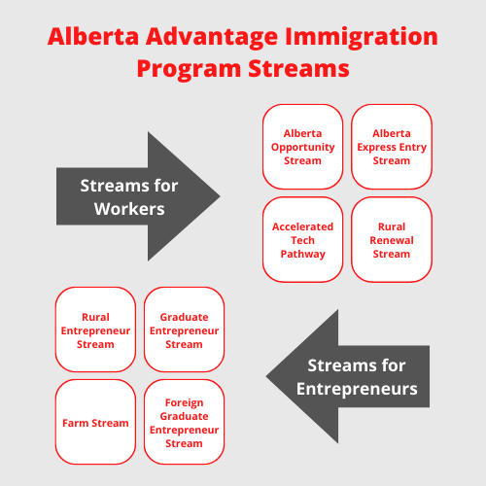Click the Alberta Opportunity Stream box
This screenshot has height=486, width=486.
[x=303, y=147]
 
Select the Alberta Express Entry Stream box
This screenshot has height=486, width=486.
[x=391, y=147]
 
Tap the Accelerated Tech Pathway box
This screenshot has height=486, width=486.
[x=303, y=240]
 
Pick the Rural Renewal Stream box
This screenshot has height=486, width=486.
[x=391, y=240]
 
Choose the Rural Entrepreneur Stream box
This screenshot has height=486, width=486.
[x=95, y=330]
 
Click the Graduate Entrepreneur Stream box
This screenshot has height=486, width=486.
[x=184, y=330]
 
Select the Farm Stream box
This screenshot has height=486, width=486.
[x=95, y=423]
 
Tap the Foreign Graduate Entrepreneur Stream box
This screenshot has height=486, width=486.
[x=184, y=423]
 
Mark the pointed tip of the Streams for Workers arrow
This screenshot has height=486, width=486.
[x=219, y=195]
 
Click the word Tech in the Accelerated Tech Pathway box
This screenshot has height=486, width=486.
[x=303, y=240]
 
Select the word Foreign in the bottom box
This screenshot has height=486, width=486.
[x=184, y=402]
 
